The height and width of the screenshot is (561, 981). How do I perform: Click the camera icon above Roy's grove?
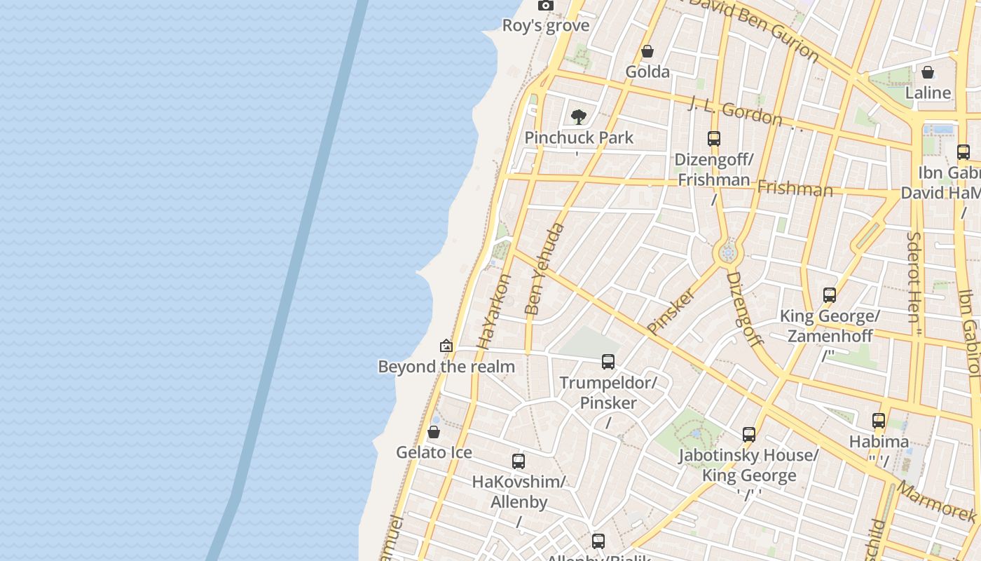[545, 6]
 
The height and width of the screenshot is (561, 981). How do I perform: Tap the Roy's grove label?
[545, 26]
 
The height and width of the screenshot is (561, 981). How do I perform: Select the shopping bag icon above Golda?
[647, 52]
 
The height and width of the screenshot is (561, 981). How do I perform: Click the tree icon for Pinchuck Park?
[578, 116]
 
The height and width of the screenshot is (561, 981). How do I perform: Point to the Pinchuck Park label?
[579, 137]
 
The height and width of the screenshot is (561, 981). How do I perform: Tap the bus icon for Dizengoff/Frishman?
[714, 139]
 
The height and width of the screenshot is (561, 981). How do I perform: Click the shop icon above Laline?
[928, 72]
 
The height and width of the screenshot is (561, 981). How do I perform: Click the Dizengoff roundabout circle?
[728, 253]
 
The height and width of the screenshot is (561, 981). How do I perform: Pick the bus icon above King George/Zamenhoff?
[830, 295]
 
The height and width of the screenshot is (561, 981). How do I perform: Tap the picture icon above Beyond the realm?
[446, 346]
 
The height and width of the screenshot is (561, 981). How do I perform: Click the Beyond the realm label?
[446, 366]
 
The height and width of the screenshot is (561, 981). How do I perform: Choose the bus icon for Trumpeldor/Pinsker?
[608, 362]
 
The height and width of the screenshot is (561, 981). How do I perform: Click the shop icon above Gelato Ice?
[434, 432]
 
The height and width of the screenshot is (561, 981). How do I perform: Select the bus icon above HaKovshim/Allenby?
[519, 461]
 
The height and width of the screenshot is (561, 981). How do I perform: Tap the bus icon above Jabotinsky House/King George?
[749, 435]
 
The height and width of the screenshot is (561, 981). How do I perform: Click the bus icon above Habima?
[879, 421]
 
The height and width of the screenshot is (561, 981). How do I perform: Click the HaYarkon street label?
[494, 311]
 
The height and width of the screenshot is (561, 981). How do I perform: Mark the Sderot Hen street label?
[914, 277]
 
